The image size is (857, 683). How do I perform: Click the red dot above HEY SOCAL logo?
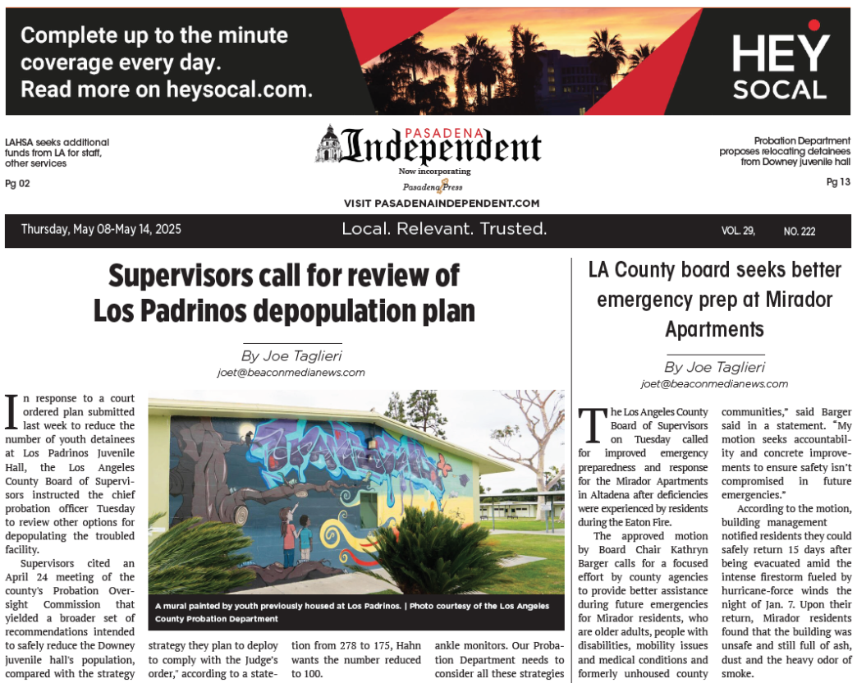(x=813, y=25)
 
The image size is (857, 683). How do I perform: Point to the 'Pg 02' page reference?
(x=17, y=184)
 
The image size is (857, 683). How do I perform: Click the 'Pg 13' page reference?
(x=838, y=182)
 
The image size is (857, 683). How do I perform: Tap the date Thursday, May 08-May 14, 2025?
(x=101, y=230)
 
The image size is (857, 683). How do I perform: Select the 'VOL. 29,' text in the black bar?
(x=738, y=231)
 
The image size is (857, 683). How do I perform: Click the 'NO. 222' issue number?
(x=799, y=231)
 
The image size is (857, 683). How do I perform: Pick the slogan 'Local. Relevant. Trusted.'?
(x=444, y=229)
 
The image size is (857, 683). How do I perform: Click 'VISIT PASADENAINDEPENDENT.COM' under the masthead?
(x=442, y=204)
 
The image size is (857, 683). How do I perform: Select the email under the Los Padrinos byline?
(x=291, y=373)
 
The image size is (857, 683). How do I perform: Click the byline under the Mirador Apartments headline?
(x=714, y=367)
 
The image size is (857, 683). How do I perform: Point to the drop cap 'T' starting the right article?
(x=592, y=424)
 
